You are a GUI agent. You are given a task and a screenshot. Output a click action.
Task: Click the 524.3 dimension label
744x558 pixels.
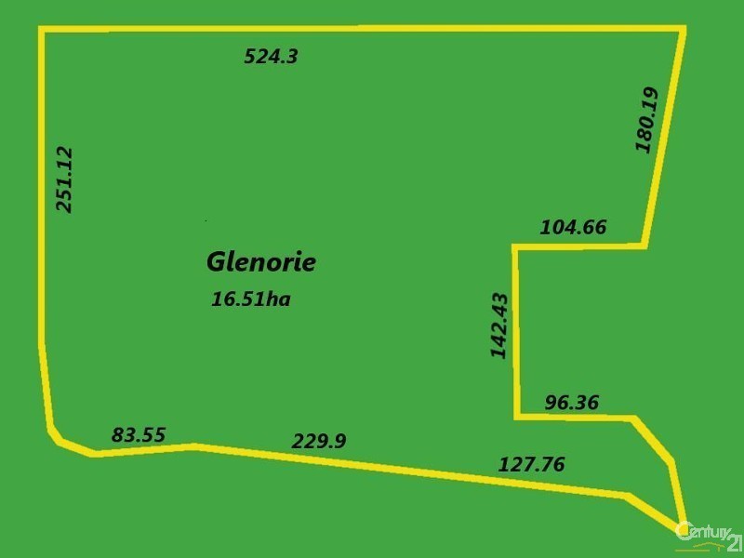coord(271,57)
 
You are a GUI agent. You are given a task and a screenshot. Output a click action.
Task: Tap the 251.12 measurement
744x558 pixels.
coord(65,179)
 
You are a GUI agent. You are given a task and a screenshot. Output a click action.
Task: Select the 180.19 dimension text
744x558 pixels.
coord(646,119)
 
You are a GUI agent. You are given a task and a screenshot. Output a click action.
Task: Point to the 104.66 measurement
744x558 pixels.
coord(573,226)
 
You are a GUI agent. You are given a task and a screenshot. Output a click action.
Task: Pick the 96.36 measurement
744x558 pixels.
coord(571,403)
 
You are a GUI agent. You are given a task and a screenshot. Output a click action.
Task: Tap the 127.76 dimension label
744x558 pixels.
coord(532,464)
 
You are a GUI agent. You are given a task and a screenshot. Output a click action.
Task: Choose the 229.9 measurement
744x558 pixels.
coord(319,441)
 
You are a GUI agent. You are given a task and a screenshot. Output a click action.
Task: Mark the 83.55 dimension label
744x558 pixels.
coord(139,434)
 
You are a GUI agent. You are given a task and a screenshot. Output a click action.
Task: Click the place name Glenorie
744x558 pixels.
coord(260,262)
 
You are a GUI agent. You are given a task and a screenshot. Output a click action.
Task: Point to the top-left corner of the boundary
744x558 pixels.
coord(42,30)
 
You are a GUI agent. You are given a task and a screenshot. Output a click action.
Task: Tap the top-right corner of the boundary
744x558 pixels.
coord(684,30)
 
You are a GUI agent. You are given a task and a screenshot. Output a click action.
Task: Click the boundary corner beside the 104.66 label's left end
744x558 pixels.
coord(515,246)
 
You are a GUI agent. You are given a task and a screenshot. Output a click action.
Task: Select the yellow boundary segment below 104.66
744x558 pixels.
coord(577,246)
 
